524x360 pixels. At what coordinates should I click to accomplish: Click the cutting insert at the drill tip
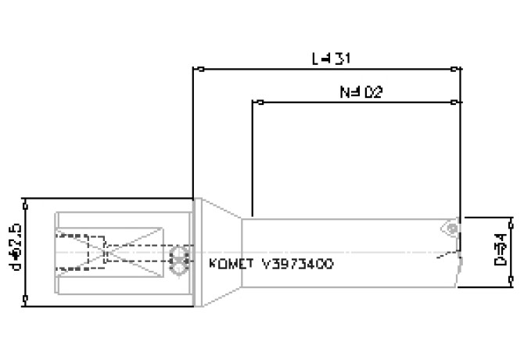451,227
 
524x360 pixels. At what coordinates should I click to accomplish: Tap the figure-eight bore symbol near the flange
179,261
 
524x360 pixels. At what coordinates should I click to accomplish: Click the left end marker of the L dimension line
201,70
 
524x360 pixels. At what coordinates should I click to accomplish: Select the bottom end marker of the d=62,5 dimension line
27,298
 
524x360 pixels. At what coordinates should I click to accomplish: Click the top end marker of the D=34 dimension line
512,216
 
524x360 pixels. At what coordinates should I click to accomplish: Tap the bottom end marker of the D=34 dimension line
512,286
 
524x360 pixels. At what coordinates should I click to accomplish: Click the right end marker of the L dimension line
458,70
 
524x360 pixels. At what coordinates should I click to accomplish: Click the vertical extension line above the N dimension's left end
252,157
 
